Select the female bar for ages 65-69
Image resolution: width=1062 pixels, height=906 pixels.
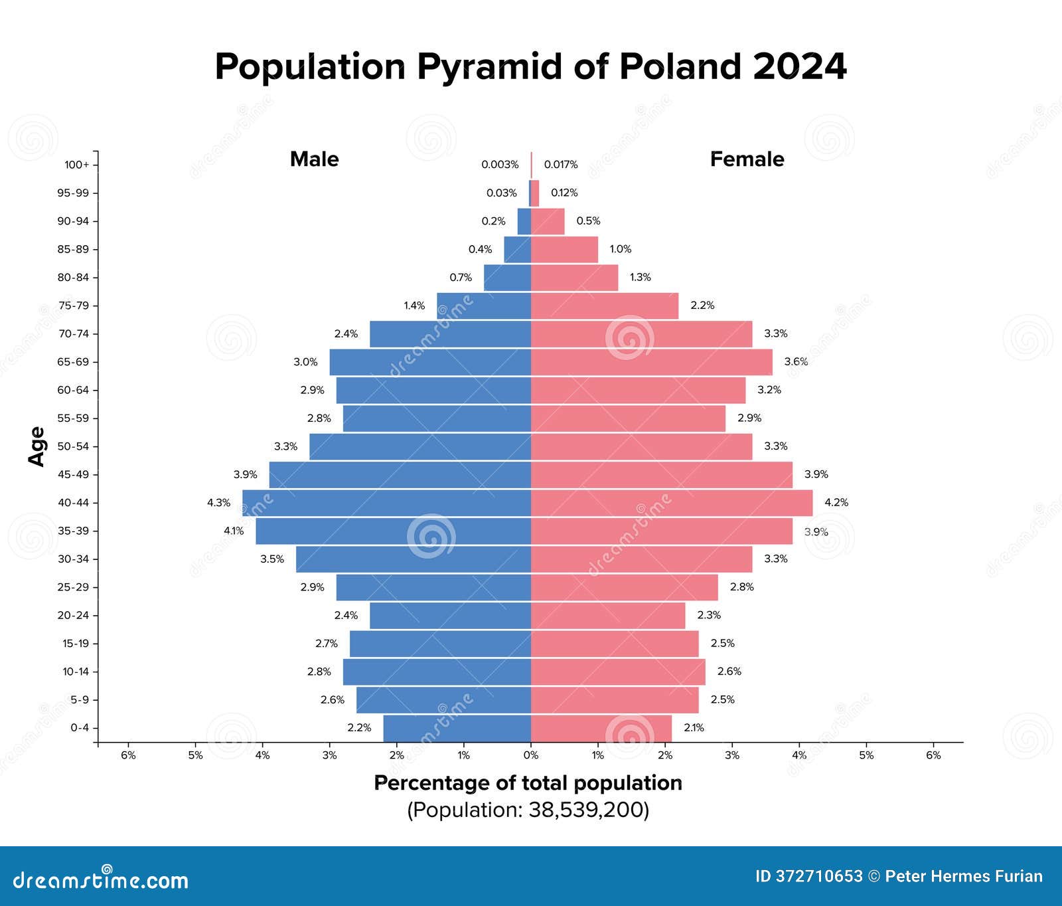tap(651, 362)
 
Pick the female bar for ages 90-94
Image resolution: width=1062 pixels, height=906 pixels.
tap(548, 221)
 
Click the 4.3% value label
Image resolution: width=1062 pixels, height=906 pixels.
tap(218, 503)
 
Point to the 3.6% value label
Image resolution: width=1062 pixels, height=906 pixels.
tap(796, 362)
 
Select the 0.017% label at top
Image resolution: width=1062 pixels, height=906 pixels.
tap(561, 165)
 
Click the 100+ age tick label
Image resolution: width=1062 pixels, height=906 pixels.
tap(76, 165)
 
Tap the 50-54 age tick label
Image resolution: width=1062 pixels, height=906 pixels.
tap(73, 446)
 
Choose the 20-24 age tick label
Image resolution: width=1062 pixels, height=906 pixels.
tap(73, 615)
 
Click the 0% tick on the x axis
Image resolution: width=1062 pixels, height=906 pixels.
tap(531, 755)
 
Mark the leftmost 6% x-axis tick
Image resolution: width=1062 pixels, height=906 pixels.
tap(128, 755)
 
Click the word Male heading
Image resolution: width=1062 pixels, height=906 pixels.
tap(314, 159)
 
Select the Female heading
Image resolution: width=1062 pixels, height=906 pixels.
tap(747, 159)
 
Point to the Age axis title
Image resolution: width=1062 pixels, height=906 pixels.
tap(37, 446)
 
